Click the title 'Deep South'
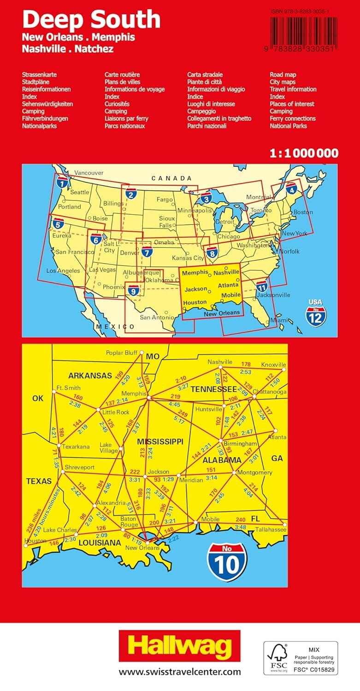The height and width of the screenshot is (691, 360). [91, 19]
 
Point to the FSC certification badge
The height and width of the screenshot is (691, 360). [301, 658]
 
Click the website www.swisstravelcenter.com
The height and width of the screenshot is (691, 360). [180, 672]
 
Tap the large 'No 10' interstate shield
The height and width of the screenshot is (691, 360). [227, 561]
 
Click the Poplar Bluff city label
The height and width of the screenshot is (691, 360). [121, 353]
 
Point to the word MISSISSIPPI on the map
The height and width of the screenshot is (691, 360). [160, 441]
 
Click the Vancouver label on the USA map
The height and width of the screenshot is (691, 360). [89, 172]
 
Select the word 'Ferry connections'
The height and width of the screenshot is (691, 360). [293, 118]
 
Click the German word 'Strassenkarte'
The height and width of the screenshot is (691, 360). [39, 74]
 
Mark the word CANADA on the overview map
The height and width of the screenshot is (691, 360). [172, 178]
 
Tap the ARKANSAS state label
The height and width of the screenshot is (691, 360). [90, 375]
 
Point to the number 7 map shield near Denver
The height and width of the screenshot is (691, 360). [147, 252]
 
